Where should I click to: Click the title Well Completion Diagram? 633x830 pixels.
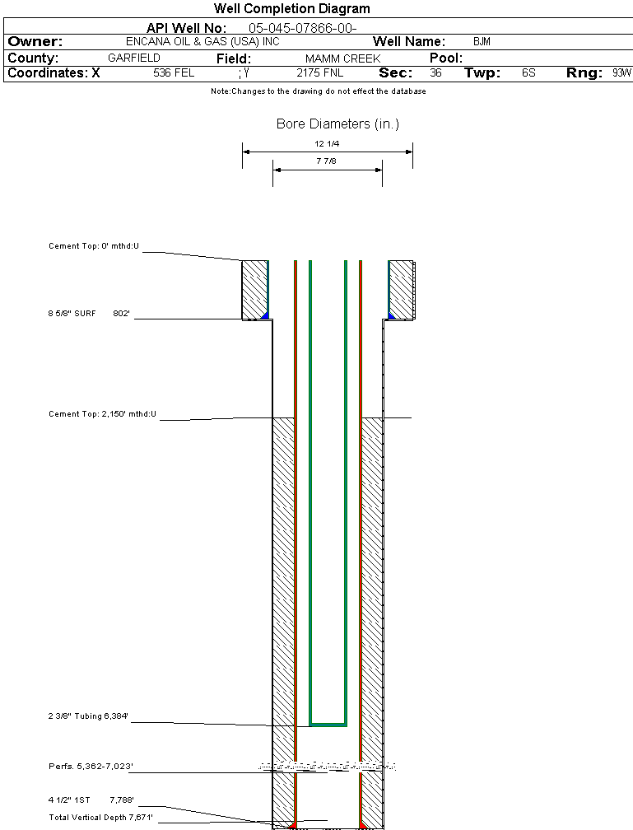coord(291,8)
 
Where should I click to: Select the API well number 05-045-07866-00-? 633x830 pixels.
coord(303,28)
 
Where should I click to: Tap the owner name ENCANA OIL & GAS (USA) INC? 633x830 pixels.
coord(202,41)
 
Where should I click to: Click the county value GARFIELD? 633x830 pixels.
coord(134,58)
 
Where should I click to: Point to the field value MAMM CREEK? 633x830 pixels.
coord(343,58)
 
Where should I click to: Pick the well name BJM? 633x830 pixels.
coord(482,41)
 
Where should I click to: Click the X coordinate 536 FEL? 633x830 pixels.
coord(174,72)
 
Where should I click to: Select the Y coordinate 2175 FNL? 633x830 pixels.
coord(319,72)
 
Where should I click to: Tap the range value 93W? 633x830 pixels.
coord(621,72)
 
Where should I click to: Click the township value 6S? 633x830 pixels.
coord(528,72)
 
